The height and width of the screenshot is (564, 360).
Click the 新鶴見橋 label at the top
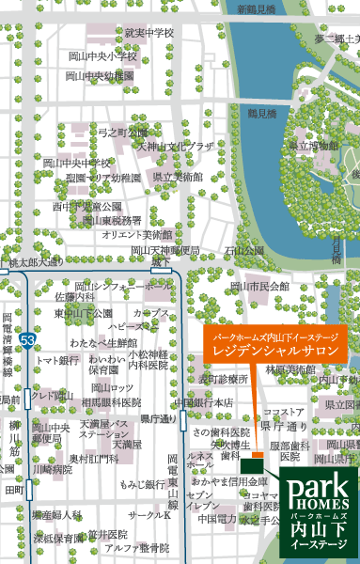click(x=257, y=8)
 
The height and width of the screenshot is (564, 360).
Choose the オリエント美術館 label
click(x=136, y=234)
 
